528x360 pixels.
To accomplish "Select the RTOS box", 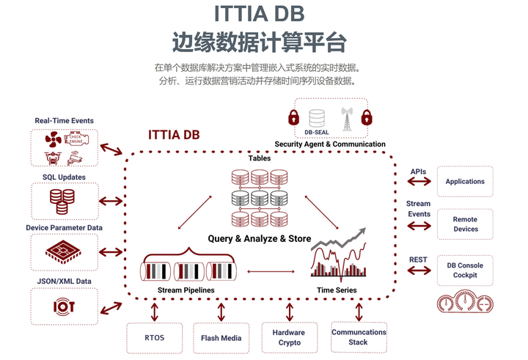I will (154, 338).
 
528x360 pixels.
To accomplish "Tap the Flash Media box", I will (221, 338).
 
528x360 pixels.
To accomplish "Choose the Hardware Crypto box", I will (290, 337).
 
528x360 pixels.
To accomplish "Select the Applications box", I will (465, 181).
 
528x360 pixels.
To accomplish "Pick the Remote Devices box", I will (465, 224).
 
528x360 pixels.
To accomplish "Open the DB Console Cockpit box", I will (465, 270).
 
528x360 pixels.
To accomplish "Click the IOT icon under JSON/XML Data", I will (64, 306).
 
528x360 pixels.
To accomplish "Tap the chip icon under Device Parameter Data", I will (64, 253).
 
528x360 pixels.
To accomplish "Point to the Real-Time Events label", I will (65, 120).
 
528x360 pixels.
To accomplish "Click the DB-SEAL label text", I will (317, 133).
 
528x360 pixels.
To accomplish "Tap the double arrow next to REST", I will (419, 271).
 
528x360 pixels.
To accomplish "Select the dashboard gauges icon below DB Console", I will (465, 304).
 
